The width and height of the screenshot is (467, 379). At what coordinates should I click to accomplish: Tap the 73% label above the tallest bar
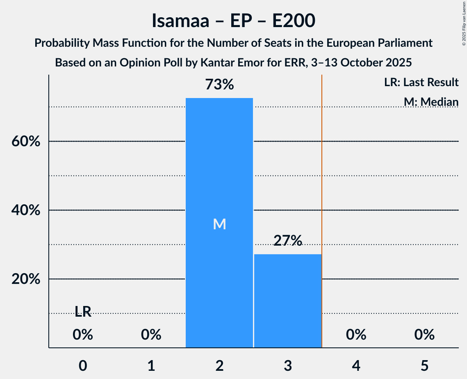[219, 85]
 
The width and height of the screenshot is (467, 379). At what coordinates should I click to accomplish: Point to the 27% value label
[287, 241]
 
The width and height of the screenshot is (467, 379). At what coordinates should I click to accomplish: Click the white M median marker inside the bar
[219, 224]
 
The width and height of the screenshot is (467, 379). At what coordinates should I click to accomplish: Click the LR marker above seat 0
[83, 312]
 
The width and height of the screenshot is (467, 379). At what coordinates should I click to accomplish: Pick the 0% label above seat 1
[151, 335]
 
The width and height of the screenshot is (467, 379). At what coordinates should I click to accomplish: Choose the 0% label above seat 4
[356, 335]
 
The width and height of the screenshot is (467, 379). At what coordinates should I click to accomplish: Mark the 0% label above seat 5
[424, 335]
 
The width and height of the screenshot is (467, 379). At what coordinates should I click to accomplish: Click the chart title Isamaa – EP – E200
[233, 21]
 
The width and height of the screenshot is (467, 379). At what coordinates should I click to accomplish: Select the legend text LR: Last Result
[421, 82]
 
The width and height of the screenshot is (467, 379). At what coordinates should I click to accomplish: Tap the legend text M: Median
[431, 101]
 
